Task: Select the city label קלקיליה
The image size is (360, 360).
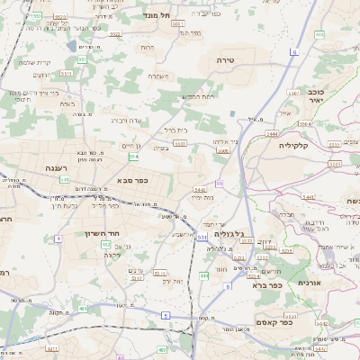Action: [294, 145]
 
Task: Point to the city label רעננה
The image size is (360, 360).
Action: [57, 167]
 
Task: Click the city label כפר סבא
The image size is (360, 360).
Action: [132, 180]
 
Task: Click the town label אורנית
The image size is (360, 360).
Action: [334, 283]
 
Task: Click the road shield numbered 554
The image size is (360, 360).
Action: [133, 157]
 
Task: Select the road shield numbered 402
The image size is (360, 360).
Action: [105, 244]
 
